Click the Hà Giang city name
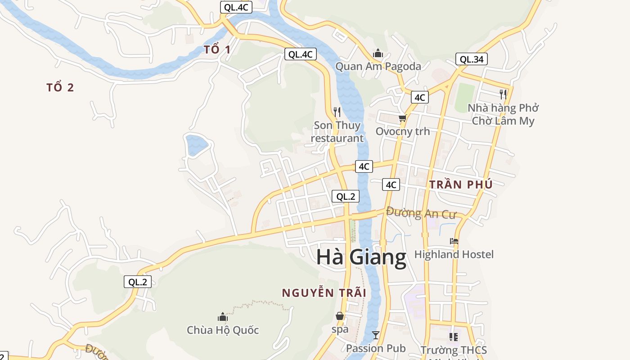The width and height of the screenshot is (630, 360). click(x=361, y=257)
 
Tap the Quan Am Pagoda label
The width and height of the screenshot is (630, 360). click(x=378, y=67)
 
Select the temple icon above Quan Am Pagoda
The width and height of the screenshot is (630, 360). click(x=378, y=54)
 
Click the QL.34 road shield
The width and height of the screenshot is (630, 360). click(x=472, y=59)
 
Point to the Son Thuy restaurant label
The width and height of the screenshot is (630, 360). click(x=337, y=131)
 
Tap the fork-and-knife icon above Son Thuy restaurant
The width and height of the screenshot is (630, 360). click(x=337, y=112)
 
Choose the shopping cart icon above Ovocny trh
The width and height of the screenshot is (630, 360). click(x=402, y=118)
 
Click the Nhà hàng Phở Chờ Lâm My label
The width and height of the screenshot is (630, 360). click(x=503, y=114)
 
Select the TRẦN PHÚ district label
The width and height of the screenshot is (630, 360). click(x=461, y=184)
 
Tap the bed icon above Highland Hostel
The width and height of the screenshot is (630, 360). click(x=454, y=242)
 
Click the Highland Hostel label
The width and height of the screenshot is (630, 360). click(x=454, y=255)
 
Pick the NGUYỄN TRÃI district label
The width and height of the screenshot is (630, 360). click(x=324, y=293)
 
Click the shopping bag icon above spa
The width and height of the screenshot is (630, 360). click(x=340, y=316)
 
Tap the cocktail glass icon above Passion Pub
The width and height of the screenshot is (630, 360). click(x=376, y=335)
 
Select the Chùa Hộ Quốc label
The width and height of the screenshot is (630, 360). click(x=223, y=330)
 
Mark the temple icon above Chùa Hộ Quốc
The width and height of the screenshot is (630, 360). click(x=223, y=317)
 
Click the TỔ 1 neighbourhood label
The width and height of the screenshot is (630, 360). click(x=217, y=50)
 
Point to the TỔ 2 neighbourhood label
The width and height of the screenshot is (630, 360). click(x=60, y=88)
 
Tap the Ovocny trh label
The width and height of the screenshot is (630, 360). click(x=403, y=131)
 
